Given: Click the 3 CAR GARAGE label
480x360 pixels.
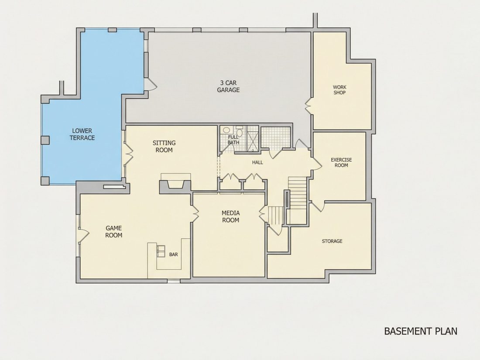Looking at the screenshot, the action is coord(228,86).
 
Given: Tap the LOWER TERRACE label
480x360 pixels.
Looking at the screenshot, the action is coord(82,134).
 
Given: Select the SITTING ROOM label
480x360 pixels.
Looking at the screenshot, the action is coord(164,146).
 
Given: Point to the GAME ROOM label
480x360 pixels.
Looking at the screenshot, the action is coord(113,231).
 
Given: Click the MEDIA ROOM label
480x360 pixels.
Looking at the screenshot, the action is coord(230,216).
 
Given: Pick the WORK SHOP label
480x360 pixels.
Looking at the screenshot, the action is coord(339,90).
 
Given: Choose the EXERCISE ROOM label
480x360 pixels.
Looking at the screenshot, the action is coord(341,163).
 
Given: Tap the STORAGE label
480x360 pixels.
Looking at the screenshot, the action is coord(332,241).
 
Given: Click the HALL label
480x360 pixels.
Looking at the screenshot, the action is coord(257,162).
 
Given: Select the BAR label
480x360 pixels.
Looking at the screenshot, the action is coord(173,254).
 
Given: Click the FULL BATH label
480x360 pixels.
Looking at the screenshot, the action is coord(233,140).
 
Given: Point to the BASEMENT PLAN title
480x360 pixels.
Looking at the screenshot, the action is coord(421,331).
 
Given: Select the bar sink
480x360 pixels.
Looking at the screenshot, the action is coord(161,250).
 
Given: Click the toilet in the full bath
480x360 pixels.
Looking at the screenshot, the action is coord(240,132).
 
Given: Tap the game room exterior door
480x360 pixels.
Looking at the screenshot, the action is coord(84,235).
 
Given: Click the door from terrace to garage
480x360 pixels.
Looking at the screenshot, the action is coord(150,84).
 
